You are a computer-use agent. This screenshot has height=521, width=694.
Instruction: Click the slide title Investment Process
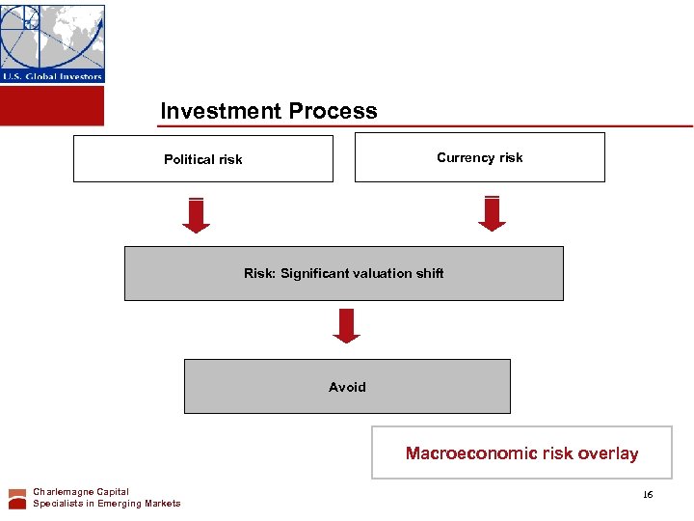(x=269, y=111)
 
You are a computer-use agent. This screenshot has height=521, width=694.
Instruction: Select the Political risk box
(x=202, y=158)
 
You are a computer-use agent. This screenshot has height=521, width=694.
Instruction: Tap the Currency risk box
(x=479, y=157)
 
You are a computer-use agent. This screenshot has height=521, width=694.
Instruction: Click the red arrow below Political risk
(x=196, y=215)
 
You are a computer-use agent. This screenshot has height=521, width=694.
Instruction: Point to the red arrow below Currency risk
(x=492, y=213)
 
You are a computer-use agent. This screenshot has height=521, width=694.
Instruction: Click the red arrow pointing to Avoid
(x=346, y=326)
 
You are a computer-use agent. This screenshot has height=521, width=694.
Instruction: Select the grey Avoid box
(x=347, y=386)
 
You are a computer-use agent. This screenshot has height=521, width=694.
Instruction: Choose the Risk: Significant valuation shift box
(x=343, y=273)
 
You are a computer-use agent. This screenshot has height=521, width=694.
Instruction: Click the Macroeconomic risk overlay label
(x=521, y=452)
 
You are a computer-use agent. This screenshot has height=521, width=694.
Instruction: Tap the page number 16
(x=647, y=494)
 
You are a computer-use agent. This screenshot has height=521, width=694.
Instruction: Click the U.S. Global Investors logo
(x=52, y=43)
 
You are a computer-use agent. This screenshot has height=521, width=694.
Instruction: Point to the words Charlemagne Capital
(x=81, y=492)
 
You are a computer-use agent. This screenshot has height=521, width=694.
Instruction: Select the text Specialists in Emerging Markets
(x=106, y=504)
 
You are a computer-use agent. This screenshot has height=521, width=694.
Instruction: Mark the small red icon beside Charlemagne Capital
(x=17, y=498)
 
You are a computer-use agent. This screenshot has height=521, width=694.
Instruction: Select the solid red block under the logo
(x=52, y=105)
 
